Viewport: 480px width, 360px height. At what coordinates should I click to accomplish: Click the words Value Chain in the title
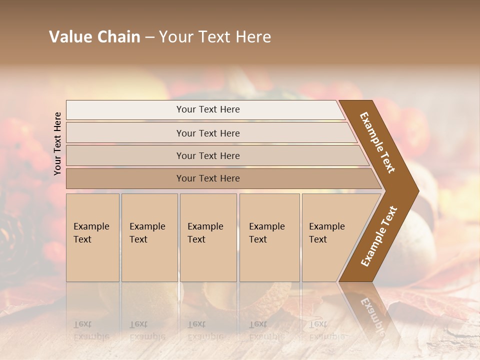coord(94,37)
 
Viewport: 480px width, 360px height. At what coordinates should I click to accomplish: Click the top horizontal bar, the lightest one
coord(208,109)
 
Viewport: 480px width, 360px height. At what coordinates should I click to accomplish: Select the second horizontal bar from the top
coord(208,133)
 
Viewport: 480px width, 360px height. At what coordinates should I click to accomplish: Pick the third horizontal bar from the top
coord(208,155)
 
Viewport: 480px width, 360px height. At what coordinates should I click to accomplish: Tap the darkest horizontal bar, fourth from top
coord(208,178)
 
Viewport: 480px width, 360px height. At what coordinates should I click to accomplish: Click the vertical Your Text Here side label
coord(58,143)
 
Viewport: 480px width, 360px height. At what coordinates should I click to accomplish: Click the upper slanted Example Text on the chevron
coord(377,142)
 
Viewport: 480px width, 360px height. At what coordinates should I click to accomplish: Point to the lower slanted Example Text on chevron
coord(379,236)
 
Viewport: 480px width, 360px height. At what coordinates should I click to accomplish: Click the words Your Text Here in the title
coord(215,37)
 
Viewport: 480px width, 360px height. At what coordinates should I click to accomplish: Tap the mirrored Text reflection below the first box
coord(82,324)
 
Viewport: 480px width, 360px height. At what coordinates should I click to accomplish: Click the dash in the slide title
coord(149,37)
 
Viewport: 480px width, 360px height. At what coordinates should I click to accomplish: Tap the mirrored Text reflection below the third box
coord(196,324)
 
